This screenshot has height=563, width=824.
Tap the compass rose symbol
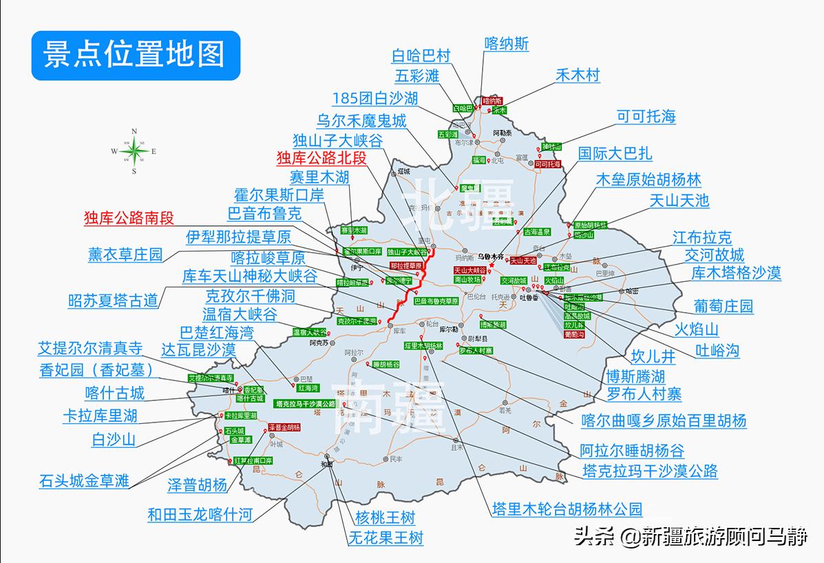coord(134,150)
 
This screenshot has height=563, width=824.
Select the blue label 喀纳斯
coord(507,43)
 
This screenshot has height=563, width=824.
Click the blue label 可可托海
coord(646,116)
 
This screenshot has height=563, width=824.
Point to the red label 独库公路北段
coord(321,158)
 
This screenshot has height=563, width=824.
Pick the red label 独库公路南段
coord(129,218)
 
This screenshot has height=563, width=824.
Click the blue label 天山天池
coord(679,201)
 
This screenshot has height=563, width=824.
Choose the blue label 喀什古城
coord(114,393)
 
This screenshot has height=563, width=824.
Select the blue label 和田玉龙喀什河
coord(200,514)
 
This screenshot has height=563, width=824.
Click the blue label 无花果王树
coord(385,537)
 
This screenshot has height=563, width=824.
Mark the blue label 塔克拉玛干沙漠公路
coord(650,471)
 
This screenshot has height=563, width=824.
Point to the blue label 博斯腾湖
coord(635,376)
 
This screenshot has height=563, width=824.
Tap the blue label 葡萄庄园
coord(723,306)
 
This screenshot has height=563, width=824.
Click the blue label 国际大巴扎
coord(615,153)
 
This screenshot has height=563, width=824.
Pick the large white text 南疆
coord(389,408)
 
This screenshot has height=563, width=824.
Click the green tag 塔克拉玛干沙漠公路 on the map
coord(305,403)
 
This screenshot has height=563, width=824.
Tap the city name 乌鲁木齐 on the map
coord(492,256)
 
